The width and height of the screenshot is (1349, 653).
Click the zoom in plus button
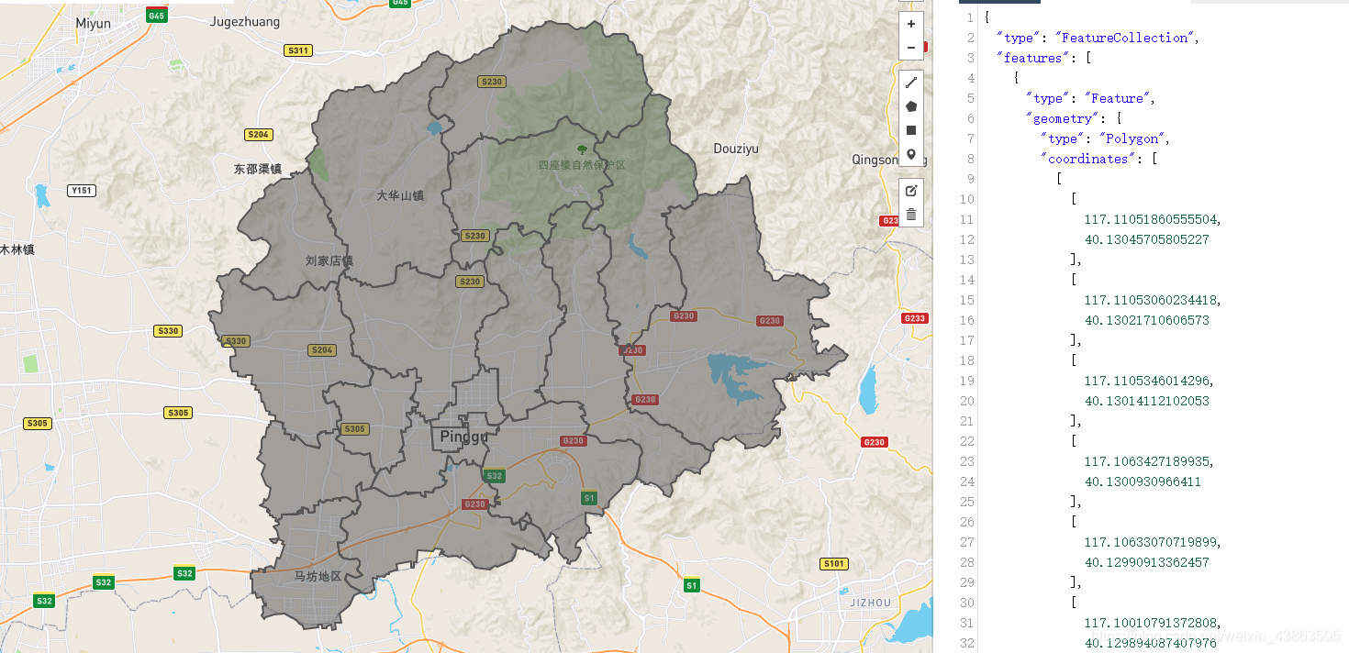(x=910, y=24)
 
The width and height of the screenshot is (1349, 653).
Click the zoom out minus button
(x=910, y=48)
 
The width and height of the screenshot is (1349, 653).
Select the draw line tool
(x=910, y=83)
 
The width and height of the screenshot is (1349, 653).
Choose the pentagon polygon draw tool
(x=910, y=106)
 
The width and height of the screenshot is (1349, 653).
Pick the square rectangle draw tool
(x=910, y=130)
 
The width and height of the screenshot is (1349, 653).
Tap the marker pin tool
(x=910, y=154)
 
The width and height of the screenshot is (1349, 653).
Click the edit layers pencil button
(x=910, y=191)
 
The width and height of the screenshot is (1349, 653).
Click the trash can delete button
(x=910, y=215)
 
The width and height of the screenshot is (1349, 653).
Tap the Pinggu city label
(x=464, y=437)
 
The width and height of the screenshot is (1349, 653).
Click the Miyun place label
(x=93, y=23)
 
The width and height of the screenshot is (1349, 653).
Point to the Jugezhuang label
(x=245, y=22)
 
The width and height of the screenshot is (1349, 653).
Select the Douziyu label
(x=736, y=149)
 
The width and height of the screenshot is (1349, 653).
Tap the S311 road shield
(x=298, y=50)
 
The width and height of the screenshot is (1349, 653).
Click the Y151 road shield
(x=82, y=191)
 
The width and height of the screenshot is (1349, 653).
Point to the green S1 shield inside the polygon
(x=589, y=498)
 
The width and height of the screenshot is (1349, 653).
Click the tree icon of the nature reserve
(x=581, y=149)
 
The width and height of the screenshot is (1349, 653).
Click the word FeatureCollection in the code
(x=1125, y=38)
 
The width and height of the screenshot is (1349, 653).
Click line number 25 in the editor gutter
(x=966, y=502)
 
